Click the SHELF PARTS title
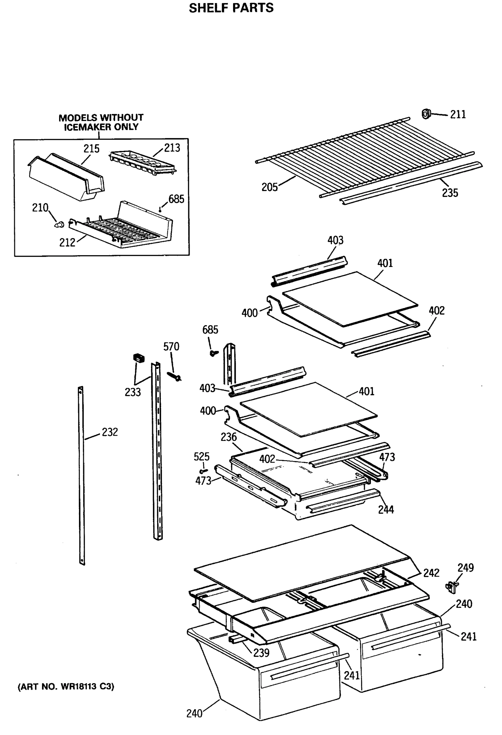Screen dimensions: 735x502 point(231,8)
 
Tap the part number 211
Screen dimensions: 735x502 point(458,115)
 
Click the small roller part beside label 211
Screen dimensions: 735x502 point(426,114)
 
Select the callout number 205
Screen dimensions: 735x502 point(269,187)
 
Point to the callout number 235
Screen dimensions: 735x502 point(450,193)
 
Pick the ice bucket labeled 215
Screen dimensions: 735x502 point(66,177)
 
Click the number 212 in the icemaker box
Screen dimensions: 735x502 point(67,243)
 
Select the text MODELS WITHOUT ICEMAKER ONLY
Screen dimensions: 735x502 point(101,123)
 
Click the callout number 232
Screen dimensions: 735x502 point(110,432)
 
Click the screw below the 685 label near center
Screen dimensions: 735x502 point(214,352)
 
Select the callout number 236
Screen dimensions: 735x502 point(228,437)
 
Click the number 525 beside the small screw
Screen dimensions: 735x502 point(202,457)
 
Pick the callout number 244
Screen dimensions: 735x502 point(386,510)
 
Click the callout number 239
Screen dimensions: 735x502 point(261,653)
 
